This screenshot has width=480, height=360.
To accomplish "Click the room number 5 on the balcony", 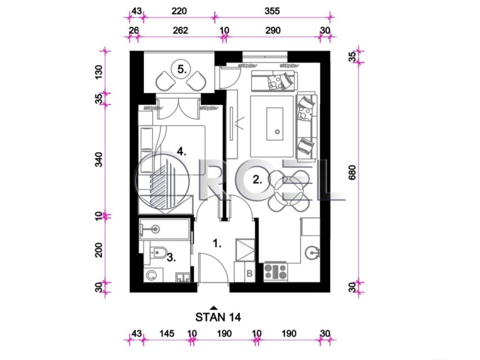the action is point(182,69).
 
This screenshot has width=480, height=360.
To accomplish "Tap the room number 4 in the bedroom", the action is point(181,151).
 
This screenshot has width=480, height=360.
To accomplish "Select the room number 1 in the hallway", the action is point(217,243).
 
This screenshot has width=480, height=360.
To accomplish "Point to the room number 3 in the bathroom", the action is point(172,258).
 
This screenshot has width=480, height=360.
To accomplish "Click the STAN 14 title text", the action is point(218,317).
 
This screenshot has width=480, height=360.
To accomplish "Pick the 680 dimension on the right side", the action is point(352,172).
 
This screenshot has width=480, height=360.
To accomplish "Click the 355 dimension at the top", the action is point(272,11).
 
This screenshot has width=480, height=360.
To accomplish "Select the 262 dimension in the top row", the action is point(180,30).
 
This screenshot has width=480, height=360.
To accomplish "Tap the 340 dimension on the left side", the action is point(99,160).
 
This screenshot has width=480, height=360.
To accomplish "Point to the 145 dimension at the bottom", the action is point(167,333).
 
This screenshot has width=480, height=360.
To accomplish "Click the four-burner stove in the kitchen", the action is point(276,272).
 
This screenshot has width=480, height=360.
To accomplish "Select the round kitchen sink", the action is point(313,253).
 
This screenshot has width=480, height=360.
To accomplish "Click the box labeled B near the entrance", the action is point(249,273).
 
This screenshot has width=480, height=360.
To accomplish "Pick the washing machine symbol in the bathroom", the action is point(151,275).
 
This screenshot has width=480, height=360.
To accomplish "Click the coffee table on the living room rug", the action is point(274,124).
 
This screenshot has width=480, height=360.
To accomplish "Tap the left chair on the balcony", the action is point(164,81).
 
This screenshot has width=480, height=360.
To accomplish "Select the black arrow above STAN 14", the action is point(214,307).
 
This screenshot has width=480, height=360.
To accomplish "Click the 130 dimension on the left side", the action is point(99,72).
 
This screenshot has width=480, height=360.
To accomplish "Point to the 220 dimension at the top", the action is point(179,11).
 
